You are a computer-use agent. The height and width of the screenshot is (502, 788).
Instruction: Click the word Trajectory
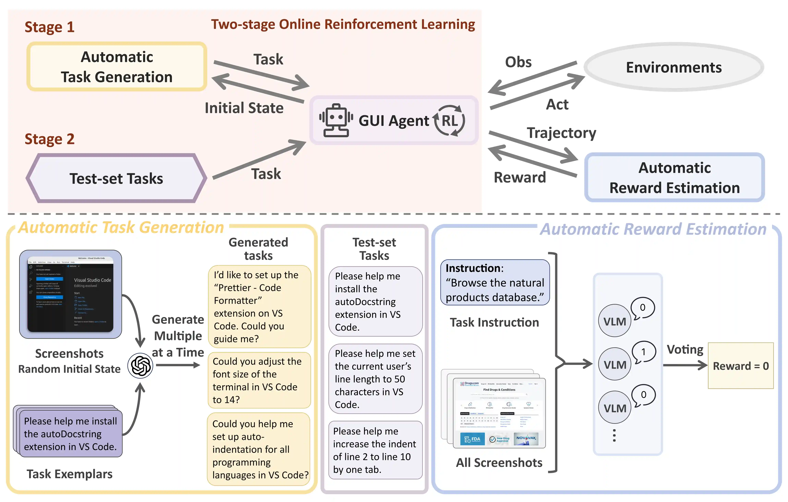pos(561,133)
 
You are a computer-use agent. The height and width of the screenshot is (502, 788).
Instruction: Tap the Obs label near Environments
pos(518,62)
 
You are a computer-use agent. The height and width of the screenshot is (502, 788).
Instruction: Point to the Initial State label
pos(244,108)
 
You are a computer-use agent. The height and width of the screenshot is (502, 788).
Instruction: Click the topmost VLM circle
pos(615,321)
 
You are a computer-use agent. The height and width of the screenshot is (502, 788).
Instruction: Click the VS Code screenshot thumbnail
pos(70,294)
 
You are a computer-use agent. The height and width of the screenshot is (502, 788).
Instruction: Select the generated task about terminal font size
pos(259,380)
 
